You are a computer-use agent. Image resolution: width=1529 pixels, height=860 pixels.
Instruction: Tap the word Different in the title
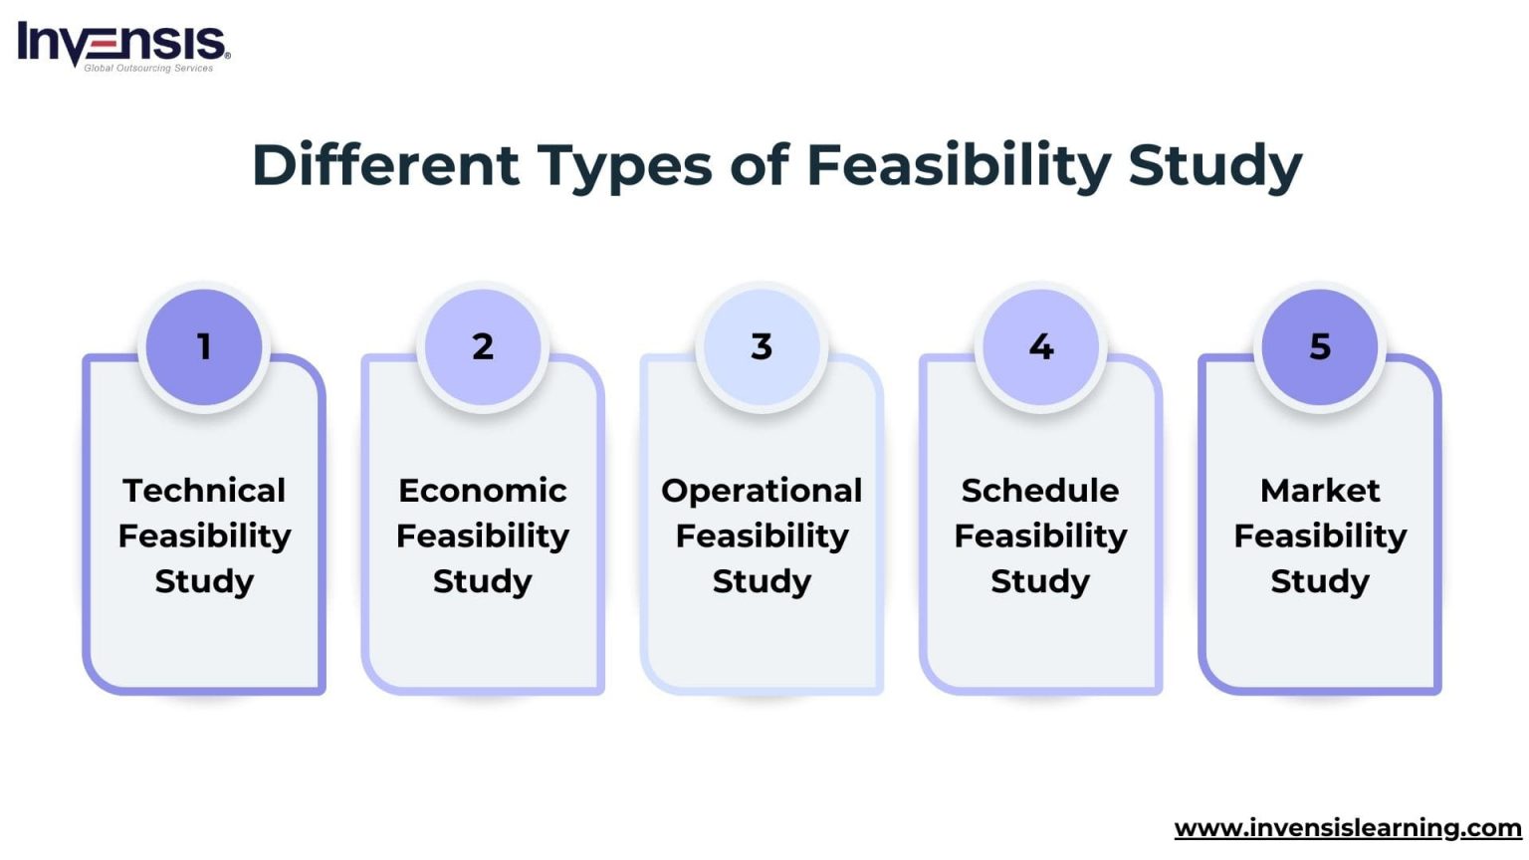pos(385,165)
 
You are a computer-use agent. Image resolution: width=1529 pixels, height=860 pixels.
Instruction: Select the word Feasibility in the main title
pos(958,165)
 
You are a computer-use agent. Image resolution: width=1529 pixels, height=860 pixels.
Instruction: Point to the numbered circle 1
pos(204,346)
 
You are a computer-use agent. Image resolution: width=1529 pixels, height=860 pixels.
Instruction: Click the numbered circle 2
pos(483,346)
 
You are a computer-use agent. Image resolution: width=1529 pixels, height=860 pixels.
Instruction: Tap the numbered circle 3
pos(762,346)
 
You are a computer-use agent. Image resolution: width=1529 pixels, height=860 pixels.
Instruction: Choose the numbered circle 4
pos(1040,346)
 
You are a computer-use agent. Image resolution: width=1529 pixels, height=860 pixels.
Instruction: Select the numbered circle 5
pos(1320,346)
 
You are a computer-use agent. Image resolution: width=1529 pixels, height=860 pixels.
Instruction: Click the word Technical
pos(204,490)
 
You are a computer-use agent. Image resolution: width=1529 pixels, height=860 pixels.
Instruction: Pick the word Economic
pos(483,490)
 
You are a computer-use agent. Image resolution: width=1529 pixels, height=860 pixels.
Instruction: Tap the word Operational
pos(762,490)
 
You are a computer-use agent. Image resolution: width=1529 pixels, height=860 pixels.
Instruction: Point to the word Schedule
pos(1040,490)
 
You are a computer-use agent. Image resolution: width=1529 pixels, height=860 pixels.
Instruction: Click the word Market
pos(1320,490)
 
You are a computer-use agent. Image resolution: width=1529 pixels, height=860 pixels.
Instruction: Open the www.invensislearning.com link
pos(1348,827)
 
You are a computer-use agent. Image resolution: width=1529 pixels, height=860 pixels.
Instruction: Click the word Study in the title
pos(1214,165)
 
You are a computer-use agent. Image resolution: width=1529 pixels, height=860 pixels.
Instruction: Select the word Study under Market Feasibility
pos(1320,580)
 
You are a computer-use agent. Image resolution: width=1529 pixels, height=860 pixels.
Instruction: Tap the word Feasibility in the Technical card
pos(204,536)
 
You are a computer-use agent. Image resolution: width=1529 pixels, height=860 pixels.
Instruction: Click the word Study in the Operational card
pos(762,580)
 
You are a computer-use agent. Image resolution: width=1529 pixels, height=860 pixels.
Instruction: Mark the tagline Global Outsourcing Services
pos(148,69)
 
